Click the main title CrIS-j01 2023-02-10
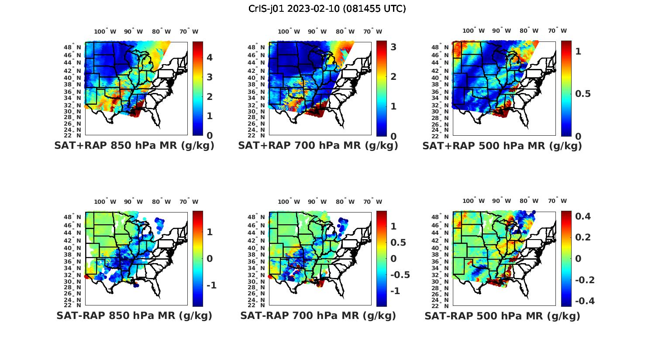[x=327, y=9]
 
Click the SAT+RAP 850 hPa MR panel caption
[x=134, y=146]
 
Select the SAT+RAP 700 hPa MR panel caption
[x=318, y=146]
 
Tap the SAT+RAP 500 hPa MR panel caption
[x=502, y=146]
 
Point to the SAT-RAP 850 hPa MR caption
[x=134, y=315]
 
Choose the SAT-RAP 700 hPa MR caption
[x=318, y=315]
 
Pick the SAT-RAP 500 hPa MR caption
[x=502, y=316]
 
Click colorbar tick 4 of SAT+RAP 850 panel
[x=210, y=57]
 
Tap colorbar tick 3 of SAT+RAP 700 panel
[x=393, y=47]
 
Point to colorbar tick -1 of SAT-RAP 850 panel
[x=211, y=285]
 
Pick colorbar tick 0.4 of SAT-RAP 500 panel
[x=583, y=216]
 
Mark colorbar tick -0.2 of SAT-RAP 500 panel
[x=584, y=280]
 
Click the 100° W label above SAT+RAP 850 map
[x=105, y=31]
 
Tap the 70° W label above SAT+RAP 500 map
[x=558, y=31]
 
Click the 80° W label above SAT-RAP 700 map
[x=345, y=202]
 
